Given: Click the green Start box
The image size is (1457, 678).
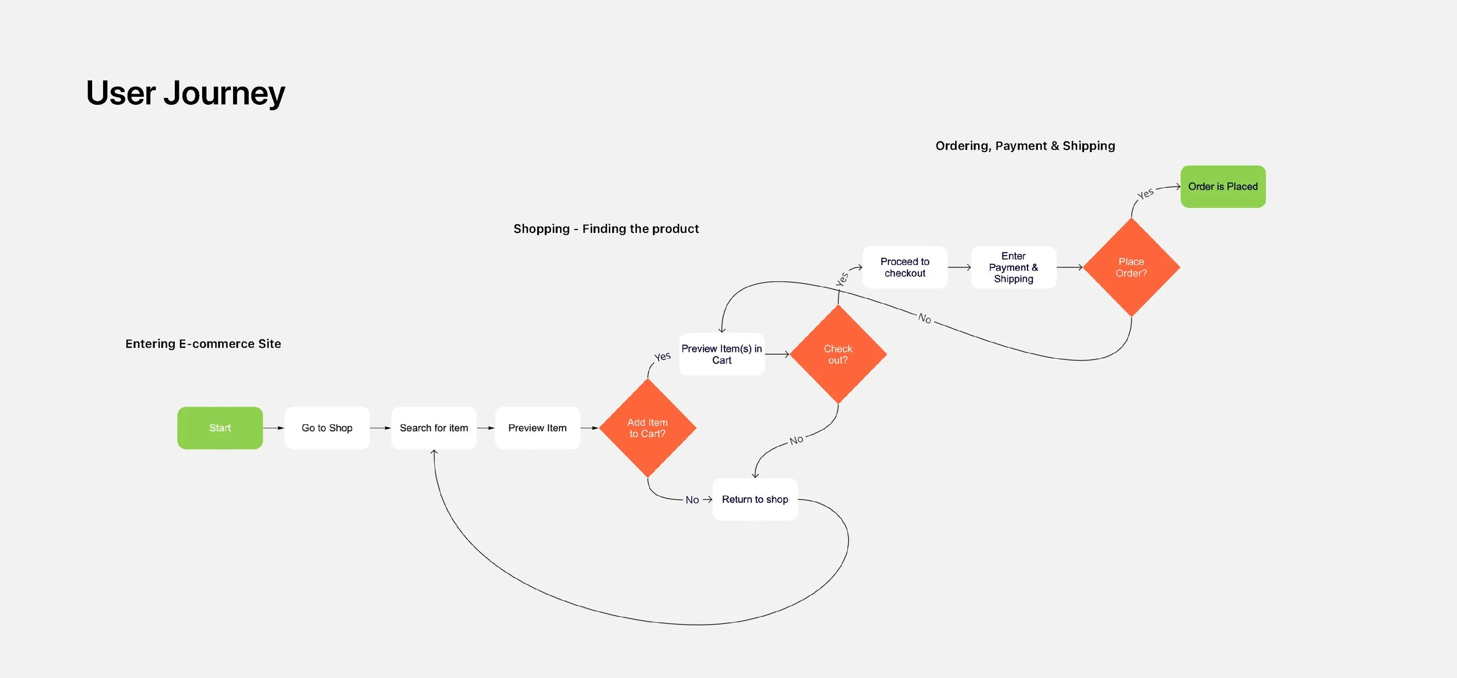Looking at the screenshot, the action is pos(220,428).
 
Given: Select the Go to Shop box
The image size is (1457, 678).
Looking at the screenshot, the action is pos(327,428).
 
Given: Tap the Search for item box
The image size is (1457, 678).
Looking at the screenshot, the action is pos(434,428).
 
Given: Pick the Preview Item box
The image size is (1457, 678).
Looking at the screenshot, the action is pos(537,428).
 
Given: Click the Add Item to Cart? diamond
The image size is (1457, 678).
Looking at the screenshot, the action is pos(647,428).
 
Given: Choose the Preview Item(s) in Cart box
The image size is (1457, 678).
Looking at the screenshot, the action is pos(722,354).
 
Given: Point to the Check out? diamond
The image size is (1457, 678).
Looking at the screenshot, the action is pos(838,354).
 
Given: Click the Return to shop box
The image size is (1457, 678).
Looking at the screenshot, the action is pos(755,499).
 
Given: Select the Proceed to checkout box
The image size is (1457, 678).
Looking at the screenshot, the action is pos(905,267).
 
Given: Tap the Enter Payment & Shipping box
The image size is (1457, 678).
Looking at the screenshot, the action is pos(1013,267).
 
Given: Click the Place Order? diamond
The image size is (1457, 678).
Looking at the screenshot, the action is pos(1131,267).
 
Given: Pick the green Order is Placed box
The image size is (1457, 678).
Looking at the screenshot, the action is pos(1223,186).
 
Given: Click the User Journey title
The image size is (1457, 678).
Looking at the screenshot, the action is pos(185,93).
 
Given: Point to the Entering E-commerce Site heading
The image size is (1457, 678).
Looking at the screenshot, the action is pos(203,344).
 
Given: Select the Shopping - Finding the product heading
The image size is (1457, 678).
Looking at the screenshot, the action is pos(606,229).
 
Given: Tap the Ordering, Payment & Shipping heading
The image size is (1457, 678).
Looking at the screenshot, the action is pos(1025,146).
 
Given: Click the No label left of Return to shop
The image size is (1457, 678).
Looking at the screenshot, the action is pos(692,500).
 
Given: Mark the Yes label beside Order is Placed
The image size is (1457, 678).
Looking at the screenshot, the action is pos(1145,193).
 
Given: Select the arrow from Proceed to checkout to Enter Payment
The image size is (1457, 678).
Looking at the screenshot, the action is pos(959,267).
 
